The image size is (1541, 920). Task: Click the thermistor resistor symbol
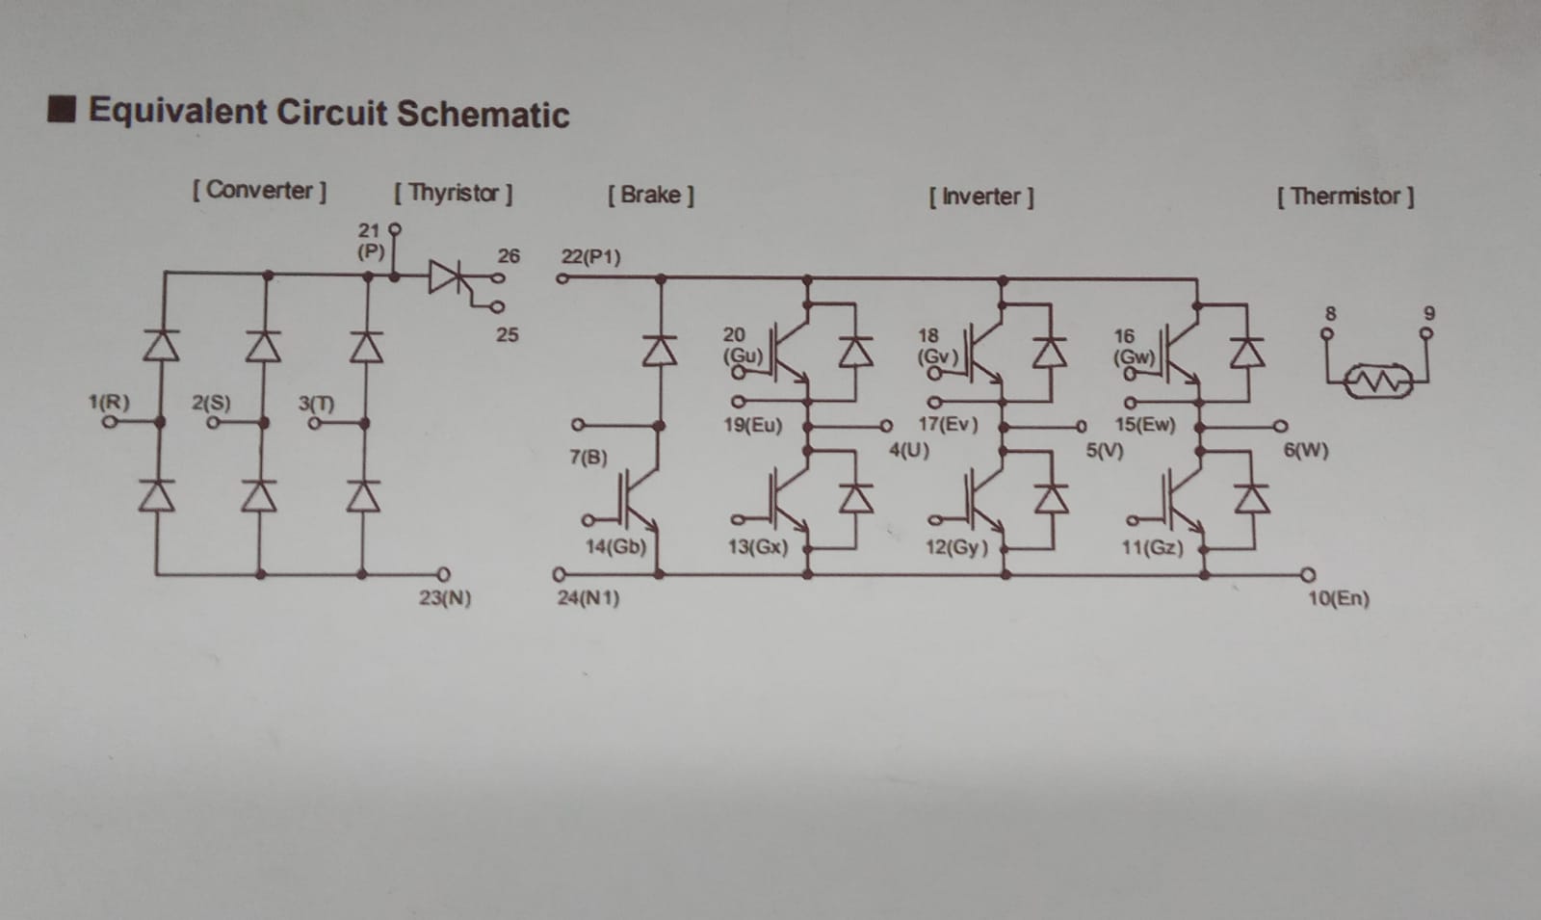[x=1379, y=381]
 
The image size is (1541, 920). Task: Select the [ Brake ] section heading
[x=651, y=196]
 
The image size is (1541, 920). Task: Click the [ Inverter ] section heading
[x=981, y=197]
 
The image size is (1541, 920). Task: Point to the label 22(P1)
[x=591, y=256]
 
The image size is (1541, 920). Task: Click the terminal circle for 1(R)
[x=110, y=422]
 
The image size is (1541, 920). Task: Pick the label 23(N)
[x=445, y=598]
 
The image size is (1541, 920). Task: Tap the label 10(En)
[x=1339, y=598]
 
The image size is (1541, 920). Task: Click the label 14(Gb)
[x=615, y=547]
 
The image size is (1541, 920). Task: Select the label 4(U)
[x=909, y=451]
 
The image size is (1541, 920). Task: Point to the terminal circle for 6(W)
[x=1280, y=427]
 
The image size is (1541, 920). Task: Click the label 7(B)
[x=588, y=458]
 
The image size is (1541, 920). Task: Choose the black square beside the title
[x=62, y=110]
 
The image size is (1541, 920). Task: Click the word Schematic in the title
[x=483, y=115]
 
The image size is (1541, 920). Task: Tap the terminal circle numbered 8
[x=1326, y=333]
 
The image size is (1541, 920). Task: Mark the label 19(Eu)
[x=752, y=425]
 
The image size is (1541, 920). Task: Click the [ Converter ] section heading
[x=259, y=190]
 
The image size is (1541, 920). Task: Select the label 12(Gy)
[x=956, y=548]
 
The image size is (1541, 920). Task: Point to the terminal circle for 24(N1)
[x=560, y=574]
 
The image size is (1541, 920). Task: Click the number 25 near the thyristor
[x=507, y=335]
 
